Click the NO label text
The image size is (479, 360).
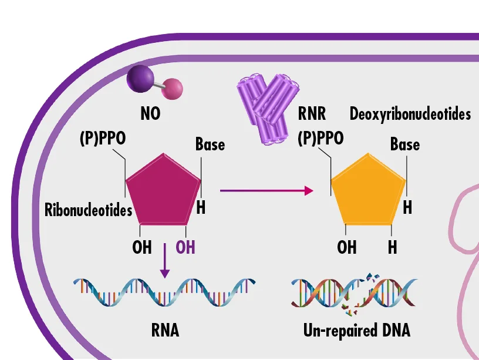[x=150, y=113]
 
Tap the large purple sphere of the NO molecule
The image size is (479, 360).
[x=140, y=79]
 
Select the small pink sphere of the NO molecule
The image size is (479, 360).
[x=173, y=89]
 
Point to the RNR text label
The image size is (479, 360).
[x=312, y=113]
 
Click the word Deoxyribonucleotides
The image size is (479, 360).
[x=410, y=113]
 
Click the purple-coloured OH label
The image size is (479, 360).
[x=185, y=247]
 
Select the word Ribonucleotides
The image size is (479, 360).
[x=89, y=210]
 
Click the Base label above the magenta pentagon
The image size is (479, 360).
[x=210, y=143]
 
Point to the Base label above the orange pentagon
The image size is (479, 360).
[x=405, y=143]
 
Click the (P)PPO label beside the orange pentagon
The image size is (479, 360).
[x=321, y=139]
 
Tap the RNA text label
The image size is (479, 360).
[x=165, y=331]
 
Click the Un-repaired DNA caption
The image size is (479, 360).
[x=356, y=331]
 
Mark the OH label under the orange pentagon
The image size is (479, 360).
[x=347, y=247]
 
